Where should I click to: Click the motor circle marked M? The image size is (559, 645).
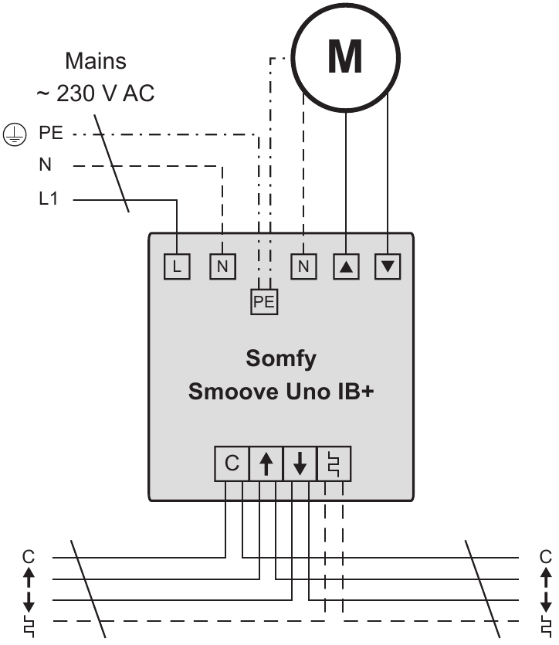coord(344,56)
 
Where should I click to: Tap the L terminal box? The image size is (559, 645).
coord(177,267)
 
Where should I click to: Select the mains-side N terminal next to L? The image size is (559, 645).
coord(222,267)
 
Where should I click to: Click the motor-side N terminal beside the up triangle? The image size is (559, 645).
coord(303,267)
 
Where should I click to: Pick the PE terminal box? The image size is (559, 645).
coord(264,302)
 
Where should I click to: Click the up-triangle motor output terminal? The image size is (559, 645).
coord(345,267)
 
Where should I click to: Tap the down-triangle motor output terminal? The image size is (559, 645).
coord(388,267)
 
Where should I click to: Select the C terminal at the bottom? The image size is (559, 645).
coord(232,463)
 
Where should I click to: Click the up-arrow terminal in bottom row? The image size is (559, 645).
coord(266,463)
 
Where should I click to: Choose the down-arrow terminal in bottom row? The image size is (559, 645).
coord(300,463)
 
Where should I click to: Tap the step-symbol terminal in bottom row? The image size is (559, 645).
coord(334,463)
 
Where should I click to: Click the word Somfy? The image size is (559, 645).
coord(281,359)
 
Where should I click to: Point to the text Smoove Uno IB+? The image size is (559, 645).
coord(281,392)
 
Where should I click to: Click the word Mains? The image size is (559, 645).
coord(96,60)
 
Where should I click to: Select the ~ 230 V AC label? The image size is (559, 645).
coord(95,94)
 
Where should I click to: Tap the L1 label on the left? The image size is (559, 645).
coord(49,199)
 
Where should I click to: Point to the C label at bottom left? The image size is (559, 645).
coord(29,556)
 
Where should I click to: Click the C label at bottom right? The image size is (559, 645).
coord(546,556)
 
